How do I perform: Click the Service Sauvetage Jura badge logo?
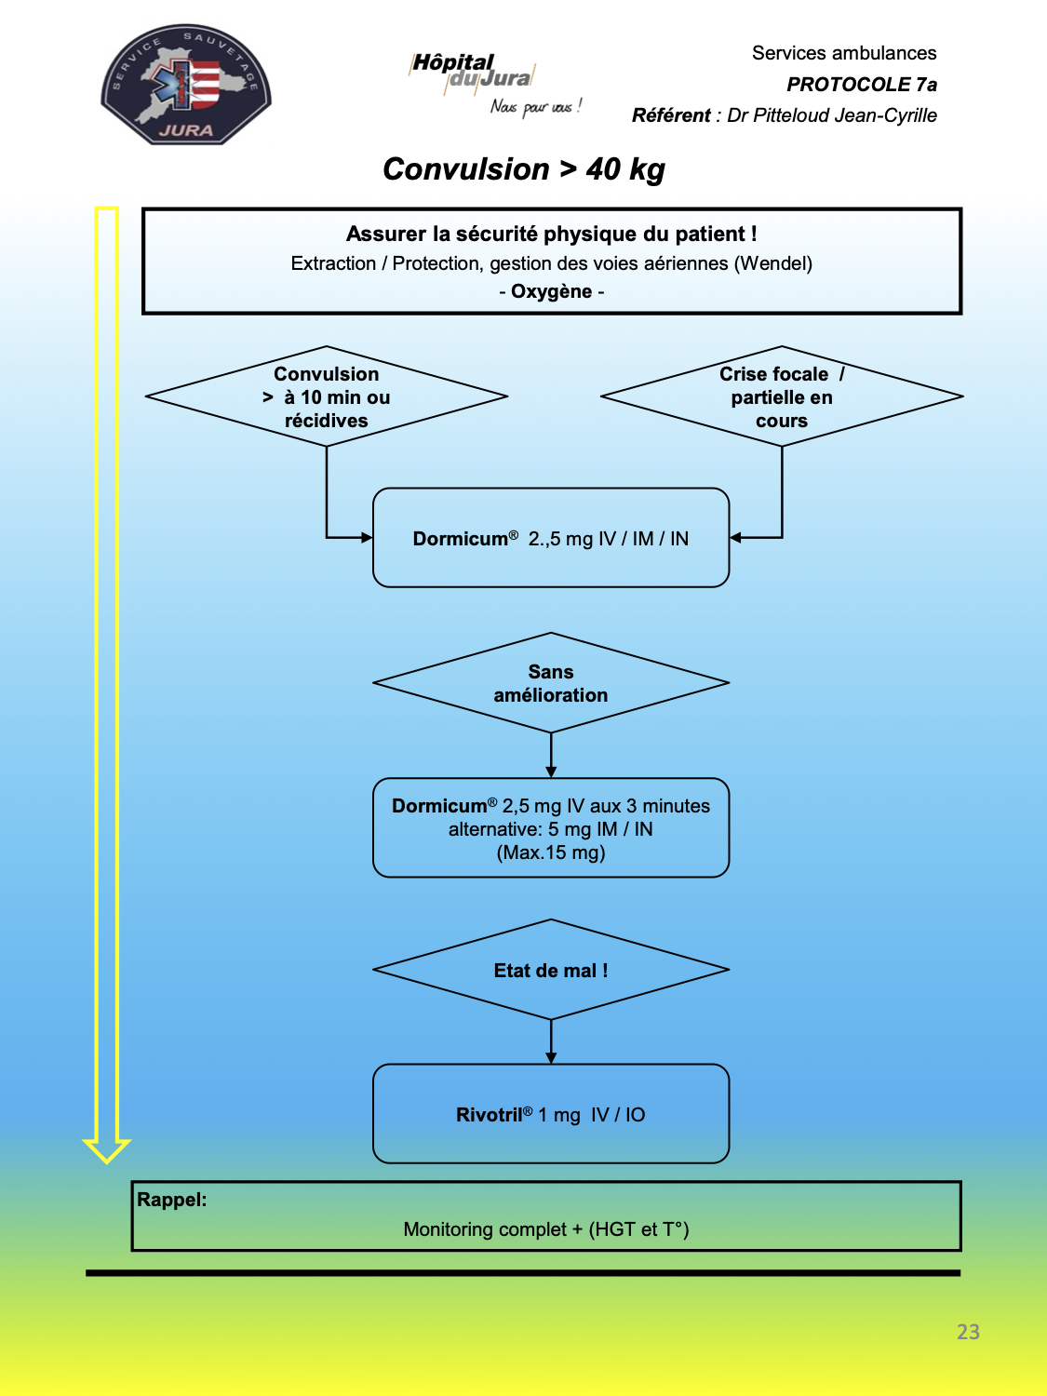[186, 85]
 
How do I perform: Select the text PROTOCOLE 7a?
[862, 85]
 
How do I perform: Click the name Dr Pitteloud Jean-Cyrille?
[831, 115]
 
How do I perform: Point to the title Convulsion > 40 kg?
[524, 169]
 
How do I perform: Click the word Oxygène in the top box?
[551, 291]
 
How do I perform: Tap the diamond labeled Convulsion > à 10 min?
[327, 396]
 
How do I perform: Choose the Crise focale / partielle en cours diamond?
[782, 396]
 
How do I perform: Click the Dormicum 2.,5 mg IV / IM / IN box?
[551, 538]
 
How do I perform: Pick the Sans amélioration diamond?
[551, 682]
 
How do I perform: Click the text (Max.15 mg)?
[551, 852]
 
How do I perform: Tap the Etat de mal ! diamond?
[551, 970]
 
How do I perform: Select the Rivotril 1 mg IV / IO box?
[551, 1114]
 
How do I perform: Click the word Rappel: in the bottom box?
[171, 1200]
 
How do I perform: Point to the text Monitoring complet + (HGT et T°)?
[546, 1229]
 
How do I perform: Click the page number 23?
[968, 1332]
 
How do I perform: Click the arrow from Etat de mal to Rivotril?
[551, 1041]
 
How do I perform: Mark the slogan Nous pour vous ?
[536, 107]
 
